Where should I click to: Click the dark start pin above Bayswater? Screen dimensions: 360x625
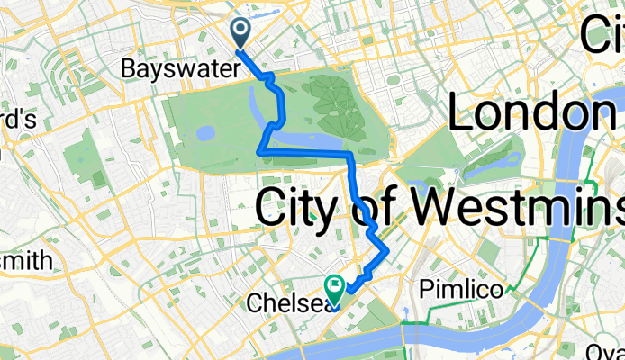tap(242, 32)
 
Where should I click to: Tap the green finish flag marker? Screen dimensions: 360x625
tap(335, 287)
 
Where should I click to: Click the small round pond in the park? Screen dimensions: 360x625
tap(204, 133)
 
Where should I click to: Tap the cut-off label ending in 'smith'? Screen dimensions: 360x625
tap(25, 261)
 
